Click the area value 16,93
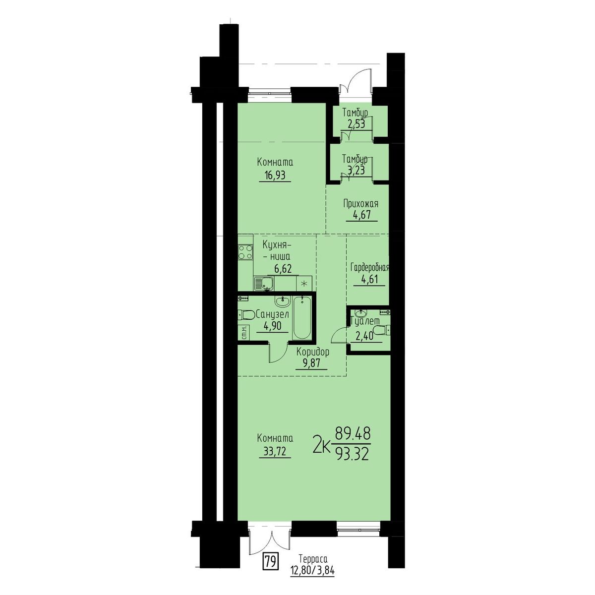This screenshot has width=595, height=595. (x=275, y=176)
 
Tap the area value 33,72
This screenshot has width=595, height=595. (x=275, y=451)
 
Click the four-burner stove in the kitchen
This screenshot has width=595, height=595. (x=245, y=252)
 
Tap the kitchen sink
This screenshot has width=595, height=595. (x=264, y=283)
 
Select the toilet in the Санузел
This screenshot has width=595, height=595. (x=246, y=315)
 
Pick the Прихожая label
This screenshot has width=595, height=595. (x=360, y=204)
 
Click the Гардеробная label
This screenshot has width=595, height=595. (x=369, y=267)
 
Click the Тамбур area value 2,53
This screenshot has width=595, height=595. (x=355, y=124)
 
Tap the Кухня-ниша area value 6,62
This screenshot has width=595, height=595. (x=283, y=269)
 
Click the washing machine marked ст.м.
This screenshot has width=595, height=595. (x=243, y=332)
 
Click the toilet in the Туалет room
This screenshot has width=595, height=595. (x=381, y=330)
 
